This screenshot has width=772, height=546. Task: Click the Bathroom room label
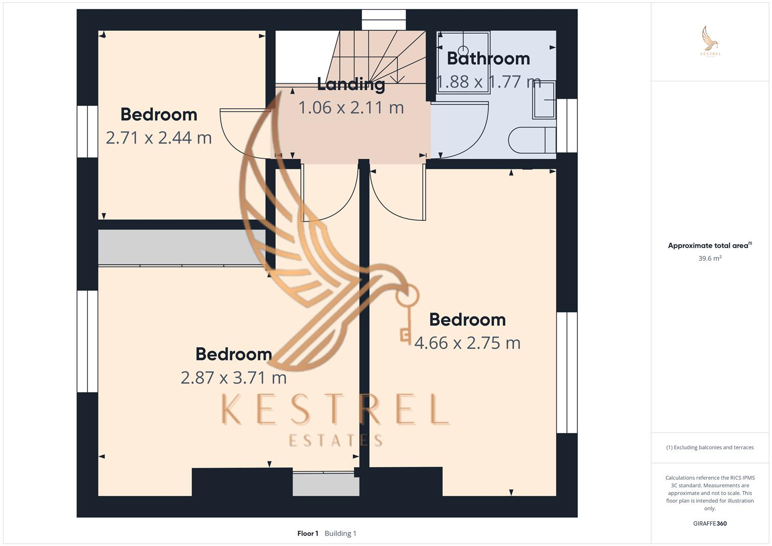coord(488,59)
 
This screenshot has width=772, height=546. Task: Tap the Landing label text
coord(351,84)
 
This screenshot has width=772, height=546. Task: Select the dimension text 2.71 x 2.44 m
coord(159,138)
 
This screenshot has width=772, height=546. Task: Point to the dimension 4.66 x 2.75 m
coord(467,343)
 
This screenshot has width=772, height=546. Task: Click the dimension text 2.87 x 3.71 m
coord(234,377)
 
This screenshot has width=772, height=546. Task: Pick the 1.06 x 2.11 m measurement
coord(351,108)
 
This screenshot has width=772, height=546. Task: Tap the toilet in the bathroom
coord(531,140)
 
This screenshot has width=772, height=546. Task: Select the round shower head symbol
coord(463,50)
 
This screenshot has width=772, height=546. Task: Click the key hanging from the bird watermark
coord(406,313)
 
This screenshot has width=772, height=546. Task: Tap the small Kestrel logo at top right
coord(710,41)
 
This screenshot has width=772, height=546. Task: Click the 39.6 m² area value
coord(710,258)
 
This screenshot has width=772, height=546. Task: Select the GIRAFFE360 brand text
coord(710,524)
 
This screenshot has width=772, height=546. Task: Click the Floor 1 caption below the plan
coord(307,533)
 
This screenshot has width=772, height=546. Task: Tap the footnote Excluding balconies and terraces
coord(710,447)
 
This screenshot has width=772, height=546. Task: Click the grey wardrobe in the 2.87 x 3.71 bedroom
coord(181,247)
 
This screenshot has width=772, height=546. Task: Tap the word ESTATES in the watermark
coord(336,440)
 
